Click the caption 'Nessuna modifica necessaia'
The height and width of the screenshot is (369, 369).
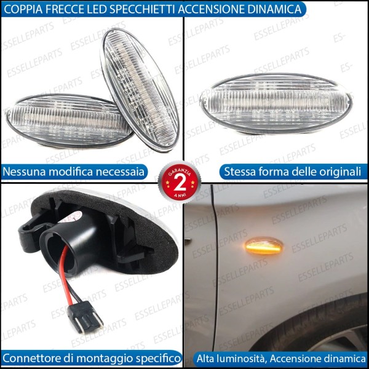click(x=74, y=172)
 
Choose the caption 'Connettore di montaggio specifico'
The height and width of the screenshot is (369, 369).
click(x=92, y=358)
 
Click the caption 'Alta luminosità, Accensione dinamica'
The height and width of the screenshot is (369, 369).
click(x=280, y=358)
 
